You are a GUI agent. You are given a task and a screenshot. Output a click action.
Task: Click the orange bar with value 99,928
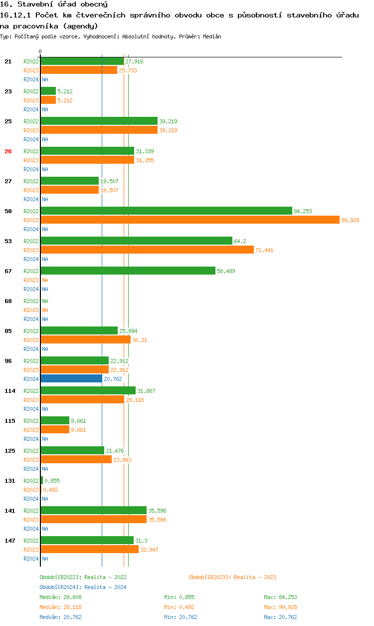click(x=189, y=220)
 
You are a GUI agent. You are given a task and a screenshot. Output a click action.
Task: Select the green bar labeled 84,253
click(x=166, y=211)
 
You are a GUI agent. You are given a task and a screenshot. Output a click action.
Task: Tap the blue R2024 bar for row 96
click(x=71, y=378)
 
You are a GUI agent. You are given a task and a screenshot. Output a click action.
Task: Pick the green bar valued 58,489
click(x=128, y=271)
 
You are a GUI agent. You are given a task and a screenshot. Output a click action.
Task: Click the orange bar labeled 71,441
click(x=147, y=250)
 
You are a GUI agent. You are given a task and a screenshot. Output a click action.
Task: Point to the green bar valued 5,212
click(x=48, y=91)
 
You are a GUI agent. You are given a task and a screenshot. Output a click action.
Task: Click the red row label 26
click(x=8, y=151)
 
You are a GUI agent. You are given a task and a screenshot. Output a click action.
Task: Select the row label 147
click(x=9, y=541)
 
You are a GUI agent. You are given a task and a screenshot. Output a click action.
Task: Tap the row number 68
click(x=8, y=301)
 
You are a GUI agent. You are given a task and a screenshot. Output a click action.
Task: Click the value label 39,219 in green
click(x=168, y=121)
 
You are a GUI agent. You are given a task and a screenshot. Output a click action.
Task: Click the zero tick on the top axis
click(x=40, y=52)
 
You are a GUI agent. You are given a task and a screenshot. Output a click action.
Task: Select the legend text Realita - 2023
click(x=255, y=577)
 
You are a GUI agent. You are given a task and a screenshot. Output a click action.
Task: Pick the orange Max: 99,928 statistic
click(x=280, y=607)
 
